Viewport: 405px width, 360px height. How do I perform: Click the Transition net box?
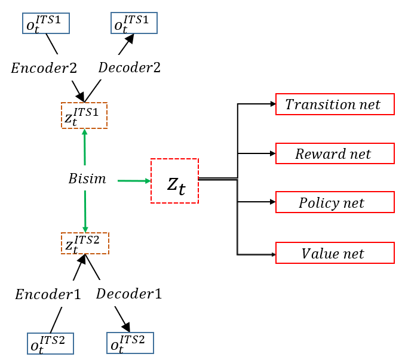(x=335, y=104)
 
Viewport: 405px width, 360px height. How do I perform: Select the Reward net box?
(x=335, y=153)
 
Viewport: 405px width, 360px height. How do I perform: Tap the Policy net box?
(x=335, y=202)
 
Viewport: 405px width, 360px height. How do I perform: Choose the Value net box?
(x=335, y=253)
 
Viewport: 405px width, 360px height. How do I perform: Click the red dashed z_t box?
(x=174, y=181)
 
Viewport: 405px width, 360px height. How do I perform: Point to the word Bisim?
(x=87, y=179)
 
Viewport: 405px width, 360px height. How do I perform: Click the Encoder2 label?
(x=44, y=67)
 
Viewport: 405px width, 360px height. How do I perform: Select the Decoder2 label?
(x=130, y=67)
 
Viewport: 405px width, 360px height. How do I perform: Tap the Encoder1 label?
(x=48, y=294)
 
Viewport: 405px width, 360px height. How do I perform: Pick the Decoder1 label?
(x=128, y=294)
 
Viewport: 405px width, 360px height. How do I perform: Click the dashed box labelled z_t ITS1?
(x=84, y=115)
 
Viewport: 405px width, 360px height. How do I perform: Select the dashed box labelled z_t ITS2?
(x=85, y=243)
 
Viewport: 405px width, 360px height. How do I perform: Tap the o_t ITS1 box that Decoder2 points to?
(x=134, y=23)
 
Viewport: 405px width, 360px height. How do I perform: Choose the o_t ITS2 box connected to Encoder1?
(x=51, y=343)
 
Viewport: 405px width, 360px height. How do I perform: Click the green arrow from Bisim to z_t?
(x=134, y=180)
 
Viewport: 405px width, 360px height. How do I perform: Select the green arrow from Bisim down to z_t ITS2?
(x=85, y=211)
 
